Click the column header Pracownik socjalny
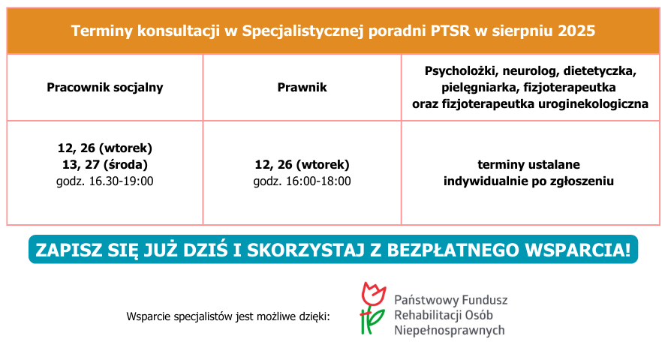(105, 87)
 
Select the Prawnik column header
(302, 87)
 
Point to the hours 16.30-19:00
(121, 181)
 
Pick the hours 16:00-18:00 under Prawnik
(318, 181)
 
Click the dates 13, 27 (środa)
(105, 165)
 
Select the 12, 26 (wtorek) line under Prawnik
(302, 165)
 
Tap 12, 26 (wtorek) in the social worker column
(105, 148)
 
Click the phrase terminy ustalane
(528, 165)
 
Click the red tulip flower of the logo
(373, 293)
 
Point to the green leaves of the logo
(372, 321)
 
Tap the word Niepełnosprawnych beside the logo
(450, 331)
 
